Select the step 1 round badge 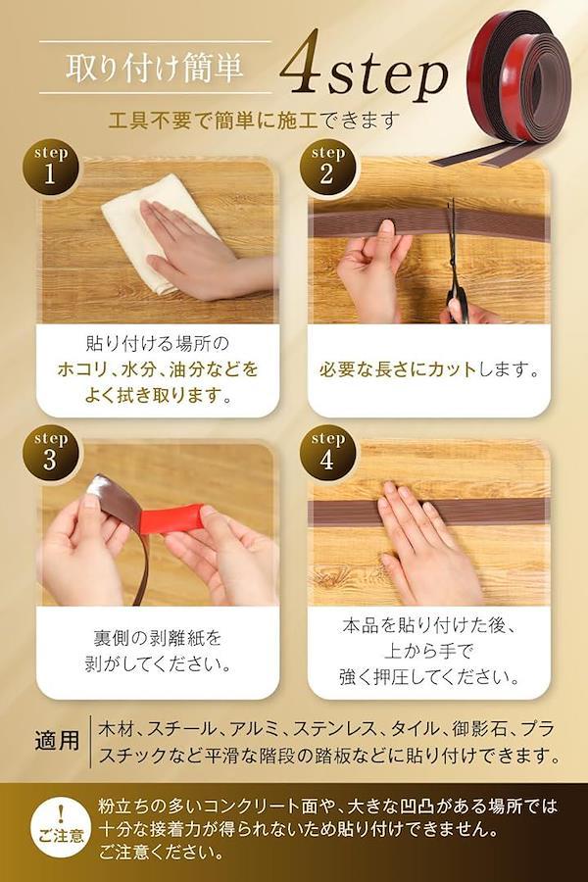[50, 168]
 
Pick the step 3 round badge [50, 454]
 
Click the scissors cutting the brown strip [454, 265]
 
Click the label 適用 [57, 740]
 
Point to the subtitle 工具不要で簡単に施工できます [254, 121]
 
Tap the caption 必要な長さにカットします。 [429, 369]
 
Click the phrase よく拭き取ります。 [158, 395]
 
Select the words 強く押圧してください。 [429, 676]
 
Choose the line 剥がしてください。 [158, 664]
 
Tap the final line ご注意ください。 [162, 853]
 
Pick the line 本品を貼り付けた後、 [429, 625]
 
